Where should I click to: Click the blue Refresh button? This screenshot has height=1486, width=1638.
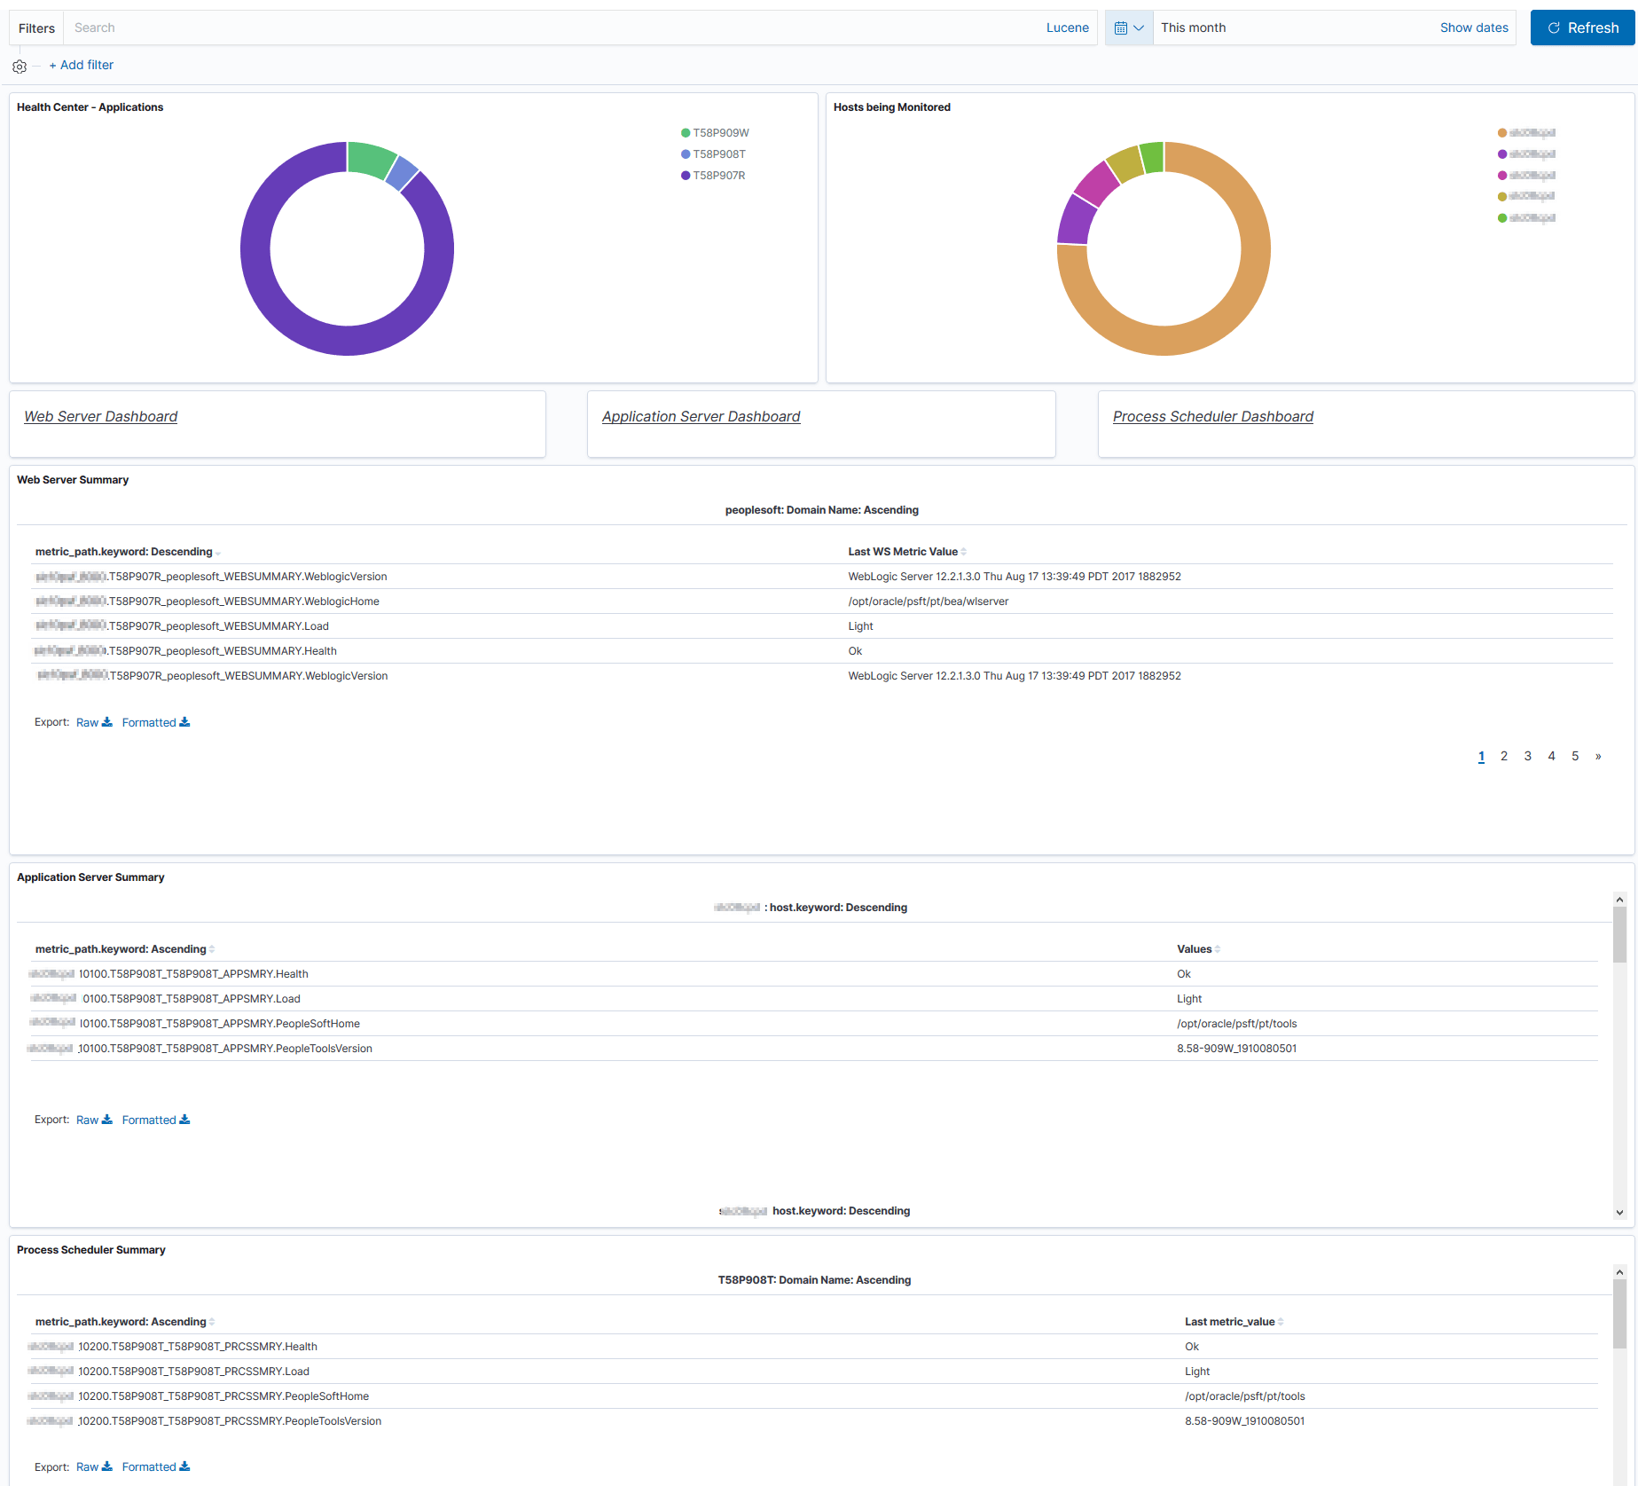coord(1582,28)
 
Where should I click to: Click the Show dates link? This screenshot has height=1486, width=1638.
coord(1473,28)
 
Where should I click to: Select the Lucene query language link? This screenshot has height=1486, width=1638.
coord(1067,28)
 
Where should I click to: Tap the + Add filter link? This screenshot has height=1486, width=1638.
coord(82,66)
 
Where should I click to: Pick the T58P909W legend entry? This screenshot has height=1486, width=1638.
coord(720,133)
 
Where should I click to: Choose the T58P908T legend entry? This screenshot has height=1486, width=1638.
coord(718,154)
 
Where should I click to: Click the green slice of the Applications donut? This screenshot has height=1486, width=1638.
coord(371,159)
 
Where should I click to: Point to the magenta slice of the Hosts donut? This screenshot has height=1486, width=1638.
coord(1097,183)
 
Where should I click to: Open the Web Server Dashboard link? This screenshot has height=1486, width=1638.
coord(100,417)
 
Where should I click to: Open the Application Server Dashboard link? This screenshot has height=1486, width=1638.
coord(701,417)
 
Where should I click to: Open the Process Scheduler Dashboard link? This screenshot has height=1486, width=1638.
coord(1212,417)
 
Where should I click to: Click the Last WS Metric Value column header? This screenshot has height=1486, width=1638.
coord(903,552)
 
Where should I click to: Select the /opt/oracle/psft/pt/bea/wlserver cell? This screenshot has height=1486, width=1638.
coord(928,601)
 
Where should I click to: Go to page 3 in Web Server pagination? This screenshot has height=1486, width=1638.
coord(1527,757)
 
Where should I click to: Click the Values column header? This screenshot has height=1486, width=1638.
coord(1195,949)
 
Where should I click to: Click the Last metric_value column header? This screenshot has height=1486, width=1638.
coord(1230,1322)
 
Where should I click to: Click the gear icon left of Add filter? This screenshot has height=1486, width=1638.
coord(20,67)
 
